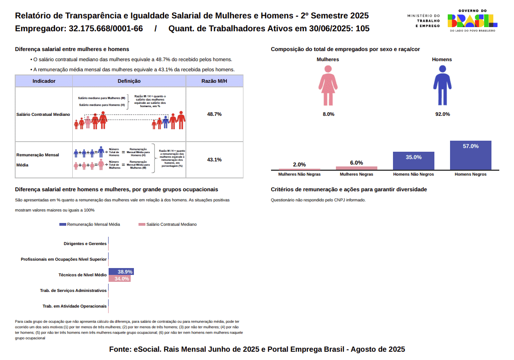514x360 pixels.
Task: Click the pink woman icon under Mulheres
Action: pyautogui.click(x=328, y=85)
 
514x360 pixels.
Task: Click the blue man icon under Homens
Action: pyautogui.click(x=442, y=85)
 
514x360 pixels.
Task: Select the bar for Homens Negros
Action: pyautogui.click(x=470, y=155)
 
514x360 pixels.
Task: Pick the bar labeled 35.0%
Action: pyautogui.click(x=413, y=161)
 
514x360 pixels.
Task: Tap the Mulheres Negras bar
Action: pyautogui.click(x=356, y=168)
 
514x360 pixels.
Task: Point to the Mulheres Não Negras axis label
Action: pyautogui.click(x=300, y=175)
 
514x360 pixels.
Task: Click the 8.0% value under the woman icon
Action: pyautogui.click(x=328, y=114)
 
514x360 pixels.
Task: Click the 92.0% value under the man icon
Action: pyautogui.click(x=442, y=114)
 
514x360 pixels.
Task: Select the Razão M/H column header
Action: pyautogui.click(x=214, y=81)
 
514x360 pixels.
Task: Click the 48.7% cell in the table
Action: pyautogui.click(x=214, y=114)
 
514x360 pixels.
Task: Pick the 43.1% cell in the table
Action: pyautogui.click(x=214, y=160)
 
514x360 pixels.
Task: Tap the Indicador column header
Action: pyautogui.click(x=44, y=81)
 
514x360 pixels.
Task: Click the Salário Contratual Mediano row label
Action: pyautogui.click(x=43, y=114)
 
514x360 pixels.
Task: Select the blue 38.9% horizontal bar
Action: pyautogui.click(x=121, y=272)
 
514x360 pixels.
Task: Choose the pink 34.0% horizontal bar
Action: pyautogui.click(x=119, y=279)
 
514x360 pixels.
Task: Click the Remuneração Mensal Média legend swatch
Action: pyautogui.click(x=63, y=224)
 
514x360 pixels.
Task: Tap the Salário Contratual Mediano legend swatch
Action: pyautogui.click(x=142, y=224)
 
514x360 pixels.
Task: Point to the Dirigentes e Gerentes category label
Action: pyautogui.click(x=85, y=244)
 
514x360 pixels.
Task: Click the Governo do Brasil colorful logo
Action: pyautogui.click(x=472, y=20)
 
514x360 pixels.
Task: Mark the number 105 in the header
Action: pyautogui.click(x=363, y=29)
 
